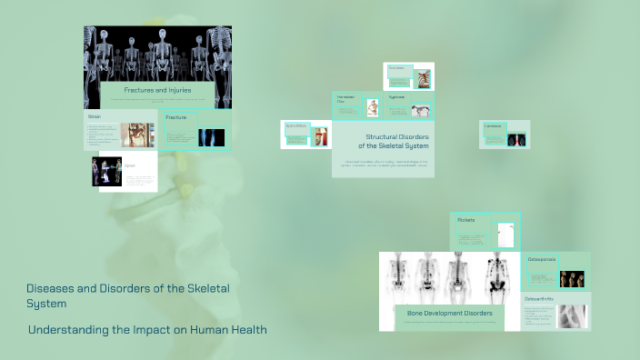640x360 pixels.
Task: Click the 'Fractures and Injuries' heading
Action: click(157, 91)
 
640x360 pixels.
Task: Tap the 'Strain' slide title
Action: click(95, 117)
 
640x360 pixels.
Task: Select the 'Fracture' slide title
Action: click(176, 117)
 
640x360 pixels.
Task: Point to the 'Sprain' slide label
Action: click(130, 165)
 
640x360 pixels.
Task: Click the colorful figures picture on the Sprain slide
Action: click(106, 171)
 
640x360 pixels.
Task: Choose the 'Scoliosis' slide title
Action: click(396, 68)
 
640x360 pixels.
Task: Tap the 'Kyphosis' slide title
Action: click(397, 96)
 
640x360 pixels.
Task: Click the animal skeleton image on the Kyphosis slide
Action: click(421, 109)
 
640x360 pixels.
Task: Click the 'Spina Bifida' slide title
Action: click(296, 125)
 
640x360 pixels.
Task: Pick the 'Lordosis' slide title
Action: click(493, 125)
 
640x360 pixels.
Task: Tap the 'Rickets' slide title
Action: click(466, 220)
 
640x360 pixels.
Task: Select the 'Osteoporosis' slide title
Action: click(543, 259)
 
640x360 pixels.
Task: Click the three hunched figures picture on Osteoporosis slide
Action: click(572, 278)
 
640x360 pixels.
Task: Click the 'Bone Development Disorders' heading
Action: click(449, 313)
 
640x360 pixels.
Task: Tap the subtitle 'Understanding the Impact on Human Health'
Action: click(147, 330)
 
